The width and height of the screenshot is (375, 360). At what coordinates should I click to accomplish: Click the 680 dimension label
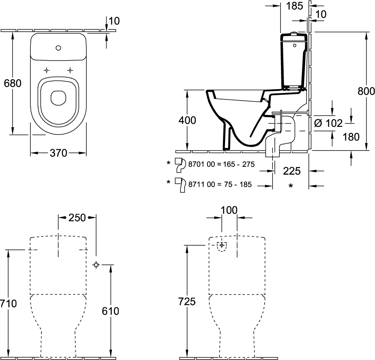coord(13,83)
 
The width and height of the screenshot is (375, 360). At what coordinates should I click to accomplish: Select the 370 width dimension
coord(58,153)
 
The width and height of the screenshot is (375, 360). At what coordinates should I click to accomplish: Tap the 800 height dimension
coord(366,91)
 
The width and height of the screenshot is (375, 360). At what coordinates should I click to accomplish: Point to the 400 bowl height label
coord(187,120)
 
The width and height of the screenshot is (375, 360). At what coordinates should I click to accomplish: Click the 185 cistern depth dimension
coord(295,6)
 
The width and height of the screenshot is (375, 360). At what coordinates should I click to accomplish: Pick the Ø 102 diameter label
coord(329,123)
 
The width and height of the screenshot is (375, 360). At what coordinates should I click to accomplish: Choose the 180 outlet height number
coord(351,137)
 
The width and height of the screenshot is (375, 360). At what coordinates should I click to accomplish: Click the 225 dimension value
coord(292,171)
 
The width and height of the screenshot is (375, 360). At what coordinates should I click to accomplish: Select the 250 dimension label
coord(77,218)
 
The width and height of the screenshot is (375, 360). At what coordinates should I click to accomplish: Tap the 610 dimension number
coord(110,311)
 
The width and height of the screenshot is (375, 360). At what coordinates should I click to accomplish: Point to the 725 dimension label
coord(187,301)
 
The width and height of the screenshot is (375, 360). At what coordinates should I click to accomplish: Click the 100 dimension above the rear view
coord(229,210)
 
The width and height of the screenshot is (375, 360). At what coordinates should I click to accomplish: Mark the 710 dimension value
coord(8,304)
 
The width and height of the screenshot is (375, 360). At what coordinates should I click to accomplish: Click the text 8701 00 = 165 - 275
coord(222,165)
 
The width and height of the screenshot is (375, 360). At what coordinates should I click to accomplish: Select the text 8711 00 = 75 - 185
coord(220,184)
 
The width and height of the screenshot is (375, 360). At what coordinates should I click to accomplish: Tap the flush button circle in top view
coord(58,48)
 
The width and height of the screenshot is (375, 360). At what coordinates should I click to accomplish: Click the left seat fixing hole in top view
coord(46,70)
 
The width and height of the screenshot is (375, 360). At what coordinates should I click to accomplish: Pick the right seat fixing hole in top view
coord(70,70)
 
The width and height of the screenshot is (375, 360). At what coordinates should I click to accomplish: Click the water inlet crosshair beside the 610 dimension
coord(96,265)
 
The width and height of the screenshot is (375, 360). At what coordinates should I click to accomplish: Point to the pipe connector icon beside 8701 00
coord(180,165)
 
